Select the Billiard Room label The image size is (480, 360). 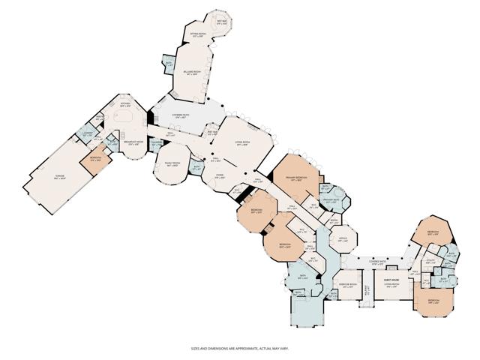pos(191,73)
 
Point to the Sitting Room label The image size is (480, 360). pos(199,34)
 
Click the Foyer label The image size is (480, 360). pos(220,176)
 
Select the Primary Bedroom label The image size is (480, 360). pos(292,178)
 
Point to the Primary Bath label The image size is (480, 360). pos(330,201)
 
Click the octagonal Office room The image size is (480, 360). pos(342,240)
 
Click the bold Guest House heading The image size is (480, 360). pos(391,278)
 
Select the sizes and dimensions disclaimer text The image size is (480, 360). pos(240,349)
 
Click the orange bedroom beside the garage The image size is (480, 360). pos(97,160)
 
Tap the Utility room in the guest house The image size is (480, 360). pos(430,262)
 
